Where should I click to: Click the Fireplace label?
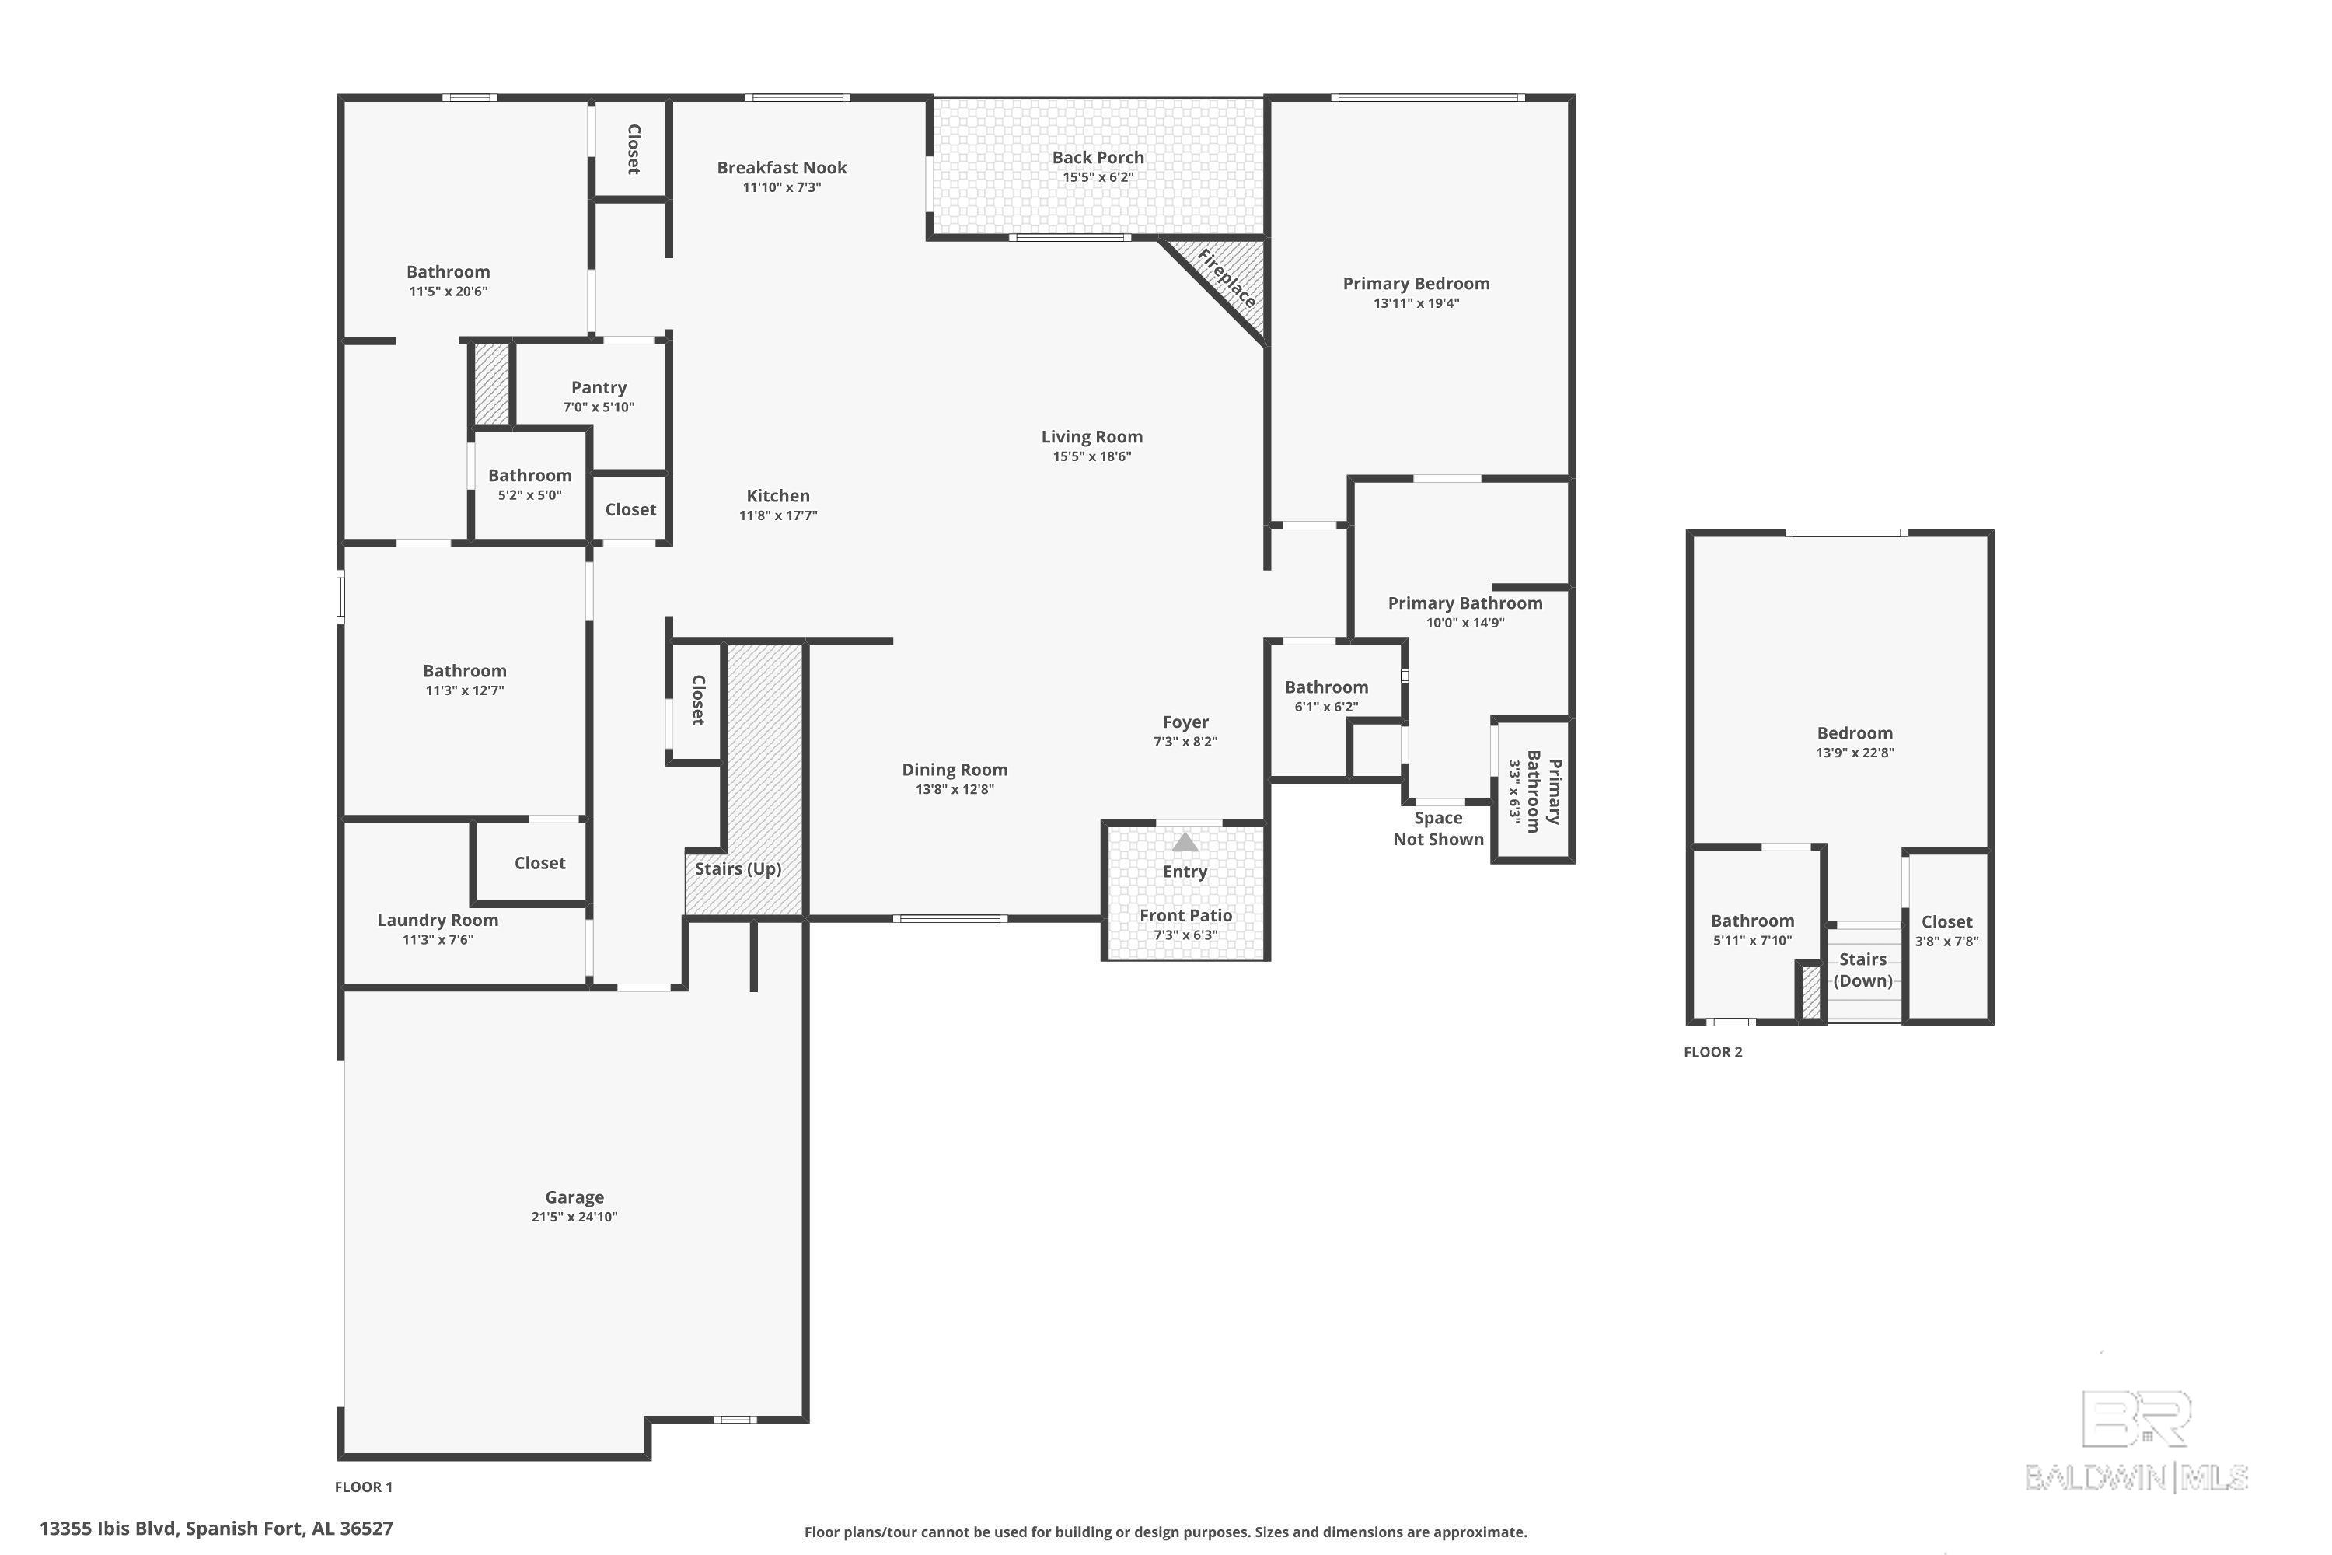point(1227,278)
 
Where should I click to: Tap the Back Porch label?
point(1098,157)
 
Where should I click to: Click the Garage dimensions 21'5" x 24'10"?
point(574,1217)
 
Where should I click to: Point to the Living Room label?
point(1091,436)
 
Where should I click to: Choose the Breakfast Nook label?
point(781,168)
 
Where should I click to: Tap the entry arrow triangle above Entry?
point(1185,842)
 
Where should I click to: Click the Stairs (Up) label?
point(738,868)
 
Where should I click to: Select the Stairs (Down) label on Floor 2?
point(1863,970)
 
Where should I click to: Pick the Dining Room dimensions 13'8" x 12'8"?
point(955,789)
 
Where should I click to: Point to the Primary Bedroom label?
point(1416,284)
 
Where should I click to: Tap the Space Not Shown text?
point(1437,828)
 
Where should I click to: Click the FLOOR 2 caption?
point(1712,1052)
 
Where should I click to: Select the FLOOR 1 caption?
point(364,1487)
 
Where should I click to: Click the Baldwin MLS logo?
point(2137,1442)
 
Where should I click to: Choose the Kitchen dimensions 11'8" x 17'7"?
point(778,515)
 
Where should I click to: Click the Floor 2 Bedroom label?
point(1854,733)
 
